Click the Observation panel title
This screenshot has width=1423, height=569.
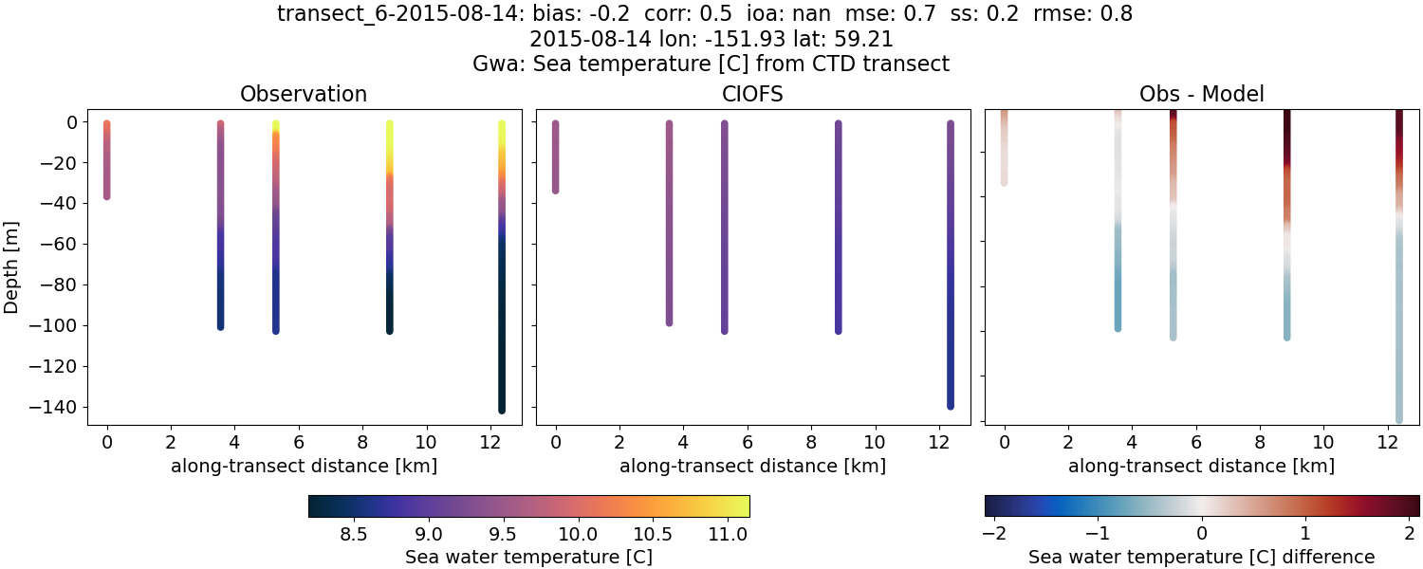304,94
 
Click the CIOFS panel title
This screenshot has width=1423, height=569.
752,94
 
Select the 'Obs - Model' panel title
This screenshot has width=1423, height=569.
1201,94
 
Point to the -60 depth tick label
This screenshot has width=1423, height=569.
60,244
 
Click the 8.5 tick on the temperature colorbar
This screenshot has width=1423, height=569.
354,535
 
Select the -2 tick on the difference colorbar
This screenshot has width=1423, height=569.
993,535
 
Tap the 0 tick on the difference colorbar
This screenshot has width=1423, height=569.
1202,535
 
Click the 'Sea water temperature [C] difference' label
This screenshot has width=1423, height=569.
1201,557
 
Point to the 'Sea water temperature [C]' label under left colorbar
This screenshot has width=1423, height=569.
528,557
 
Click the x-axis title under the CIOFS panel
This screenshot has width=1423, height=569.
752,467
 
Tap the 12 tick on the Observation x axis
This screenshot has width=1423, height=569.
490,442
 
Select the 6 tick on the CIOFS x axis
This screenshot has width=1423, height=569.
748,442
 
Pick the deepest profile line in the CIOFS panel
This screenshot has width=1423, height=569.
950,266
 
